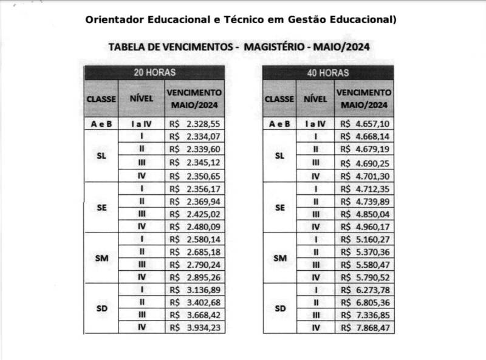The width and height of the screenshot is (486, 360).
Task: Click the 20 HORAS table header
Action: [154, 72]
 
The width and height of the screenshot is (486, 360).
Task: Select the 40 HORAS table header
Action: [327, 72]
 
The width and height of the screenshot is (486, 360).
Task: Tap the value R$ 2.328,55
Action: [194, 123]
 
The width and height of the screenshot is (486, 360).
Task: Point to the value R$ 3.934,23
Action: [194, 327]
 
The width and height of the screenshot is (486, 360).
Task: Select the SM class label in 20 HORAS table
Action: [101, 258]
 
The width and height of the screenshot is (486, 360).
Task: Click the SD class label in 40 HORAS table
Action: [279, 308]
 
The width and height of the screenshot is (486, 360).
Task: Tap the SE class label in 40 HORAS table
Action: [279, 207]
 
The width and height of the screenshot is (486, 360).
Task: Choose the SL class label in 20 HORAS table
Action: [101, 156]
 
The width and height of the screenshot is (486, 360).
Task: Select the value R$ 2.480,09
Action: [194, 226]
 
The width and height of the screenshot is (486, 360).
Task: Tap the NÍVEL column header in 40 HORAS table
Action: [315, 98]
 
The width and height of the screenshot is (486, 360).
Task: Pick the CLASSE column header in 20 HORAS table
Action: [101, 98]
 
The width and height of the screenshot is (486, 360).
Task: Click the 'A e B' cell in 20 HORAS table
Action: [101, 123]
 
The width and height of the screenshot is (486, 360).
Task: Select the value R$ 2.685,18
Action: [194, 251]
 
